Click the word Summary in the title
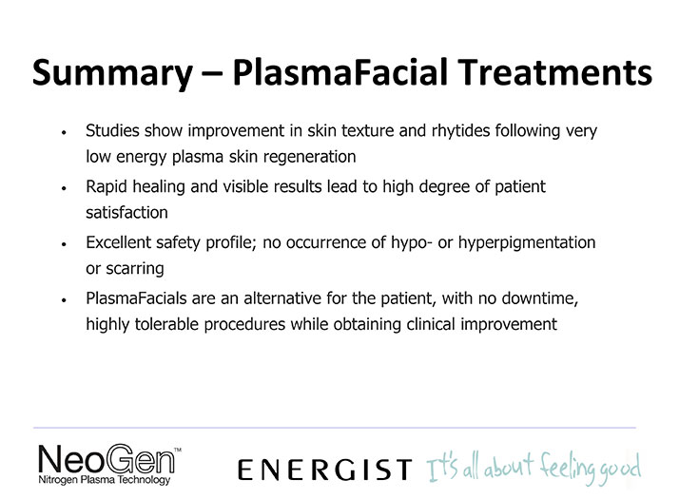112,73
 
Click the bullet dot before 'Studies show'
65,132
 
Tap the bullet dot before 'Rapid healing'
65,188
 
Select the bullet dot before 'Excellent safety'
65,244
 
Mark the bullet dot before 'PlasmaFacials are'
65,299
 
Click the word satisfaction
126,213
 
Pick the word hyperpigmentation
527,243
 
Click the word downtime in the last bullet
540,298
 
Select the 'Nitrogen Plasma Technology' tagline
105,480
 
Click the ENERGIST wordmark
325,470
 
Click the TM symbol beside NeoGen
178,450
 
